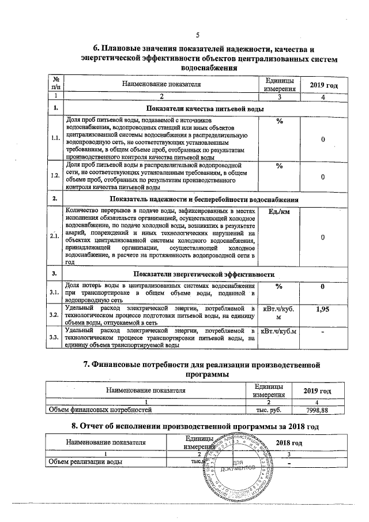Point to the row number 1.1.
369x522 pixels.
[x=55, y=138]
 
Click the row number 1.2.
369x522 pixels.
[x=55, y=176]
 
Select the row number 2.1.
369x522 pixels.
[x=55, y=237]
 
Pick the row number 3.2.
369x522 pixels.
[x=55, y=315]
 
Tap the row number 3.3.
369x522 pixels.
[x=55, y=337]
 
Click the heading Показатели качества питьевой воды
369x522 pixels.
[x=205, y=108]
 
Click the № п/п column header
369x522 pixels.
[x=56, y=84]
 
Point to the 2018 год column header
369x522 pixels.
[x=289, y=442]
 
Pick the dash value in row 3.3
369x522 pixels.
[x=323, y=333]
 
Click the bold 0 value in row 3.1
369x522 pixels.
[x=323, y=287]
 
